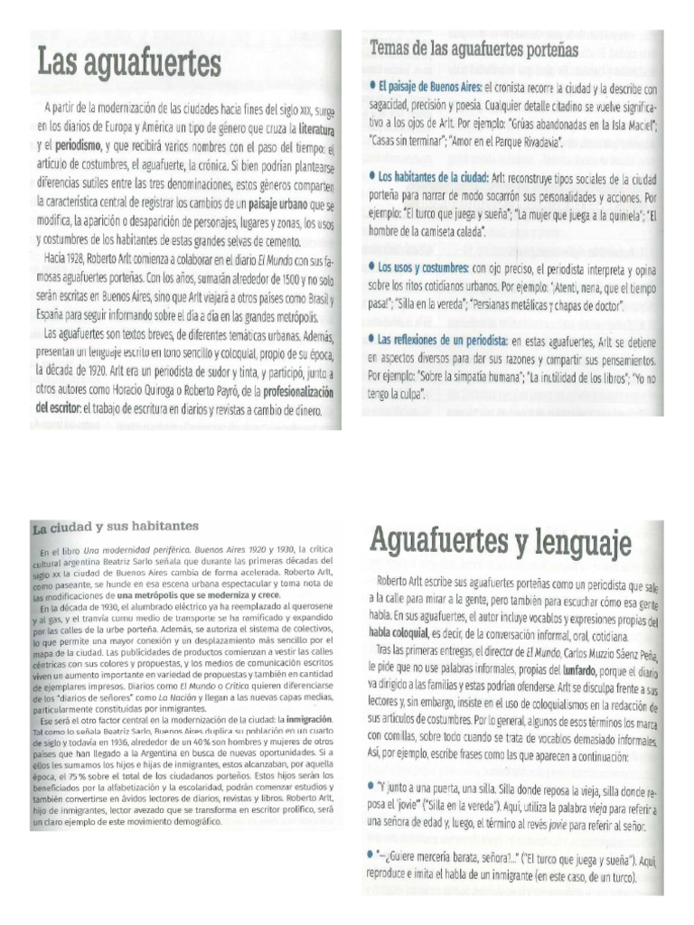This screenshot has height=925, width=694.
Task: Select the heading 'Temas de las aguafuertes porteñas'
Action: click(474, 50)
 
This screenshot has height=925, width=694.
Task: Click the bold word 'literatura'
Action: click(310, 130)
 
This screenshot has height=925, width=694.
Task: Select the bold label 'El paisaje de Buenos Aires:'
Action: click(430, 88)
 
